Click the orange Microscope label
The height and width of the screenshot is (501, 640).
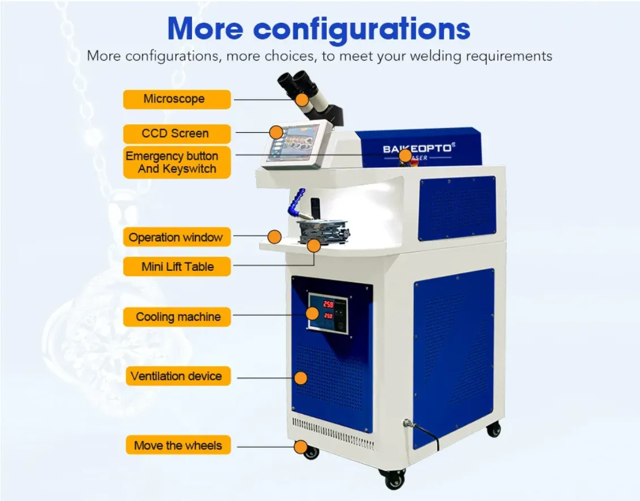point(177,99)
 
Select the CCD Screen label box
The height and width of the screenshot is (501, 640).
point(177,134)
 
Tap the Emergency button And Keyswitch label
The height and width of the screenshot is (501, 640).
point(177,162)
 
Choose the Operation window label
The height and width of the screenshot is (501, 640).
point(177,237)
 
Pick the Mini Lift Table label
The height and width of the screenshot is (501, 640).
point(177,266)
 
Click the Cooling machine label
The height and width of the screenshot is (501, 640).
point(177,317)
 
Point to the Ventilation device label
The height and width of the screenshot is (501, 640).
point(178,376)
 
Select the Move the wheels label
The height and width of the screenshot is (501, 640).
point(178,445)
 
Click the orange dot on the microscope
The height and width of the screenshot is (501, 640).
point(302,99)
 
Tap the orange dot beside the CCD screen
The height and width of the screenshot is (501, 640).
point(276,132)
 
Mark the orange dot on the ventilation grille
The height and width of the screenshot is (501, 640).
point(301,378)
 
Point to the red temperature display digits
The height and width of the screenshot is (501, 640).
point(328,309)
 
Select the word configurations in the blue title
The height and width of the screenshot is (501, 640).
point(362,29)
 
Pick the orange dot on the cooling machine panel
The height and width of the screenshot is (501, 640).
point(312,313)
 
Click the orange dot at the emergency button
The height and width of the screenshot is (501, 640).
point(405,155)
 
